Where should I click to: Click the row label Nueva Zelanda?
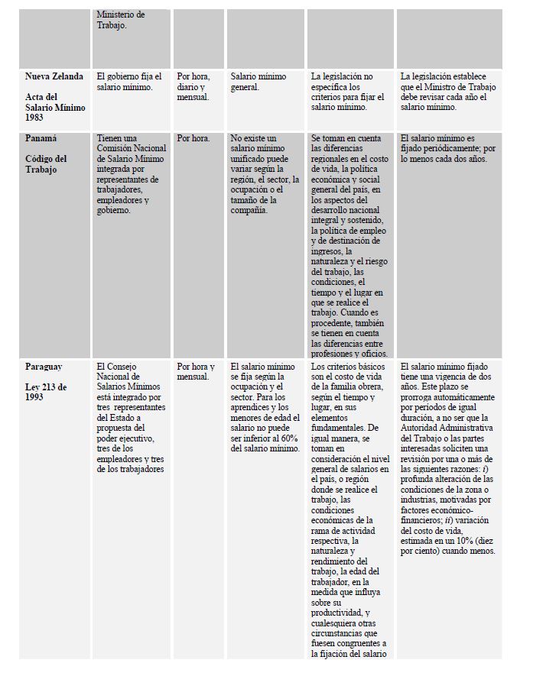tap(54, 77)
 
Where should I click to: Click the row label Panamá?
tap(44, 138)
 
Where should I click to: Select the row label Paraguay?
tap(47, 367)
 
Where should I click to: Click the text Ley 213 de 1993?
tap(46, 392)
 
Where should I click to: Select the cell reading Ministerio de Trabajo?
tap(121, 20)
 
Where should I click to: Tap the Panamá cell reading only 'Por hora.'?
tap(193, 138)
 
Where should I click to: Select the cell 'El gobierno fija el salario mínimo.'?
tap(129, 82)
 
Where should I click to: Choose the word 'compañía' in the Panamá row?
tap(247, 211)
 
